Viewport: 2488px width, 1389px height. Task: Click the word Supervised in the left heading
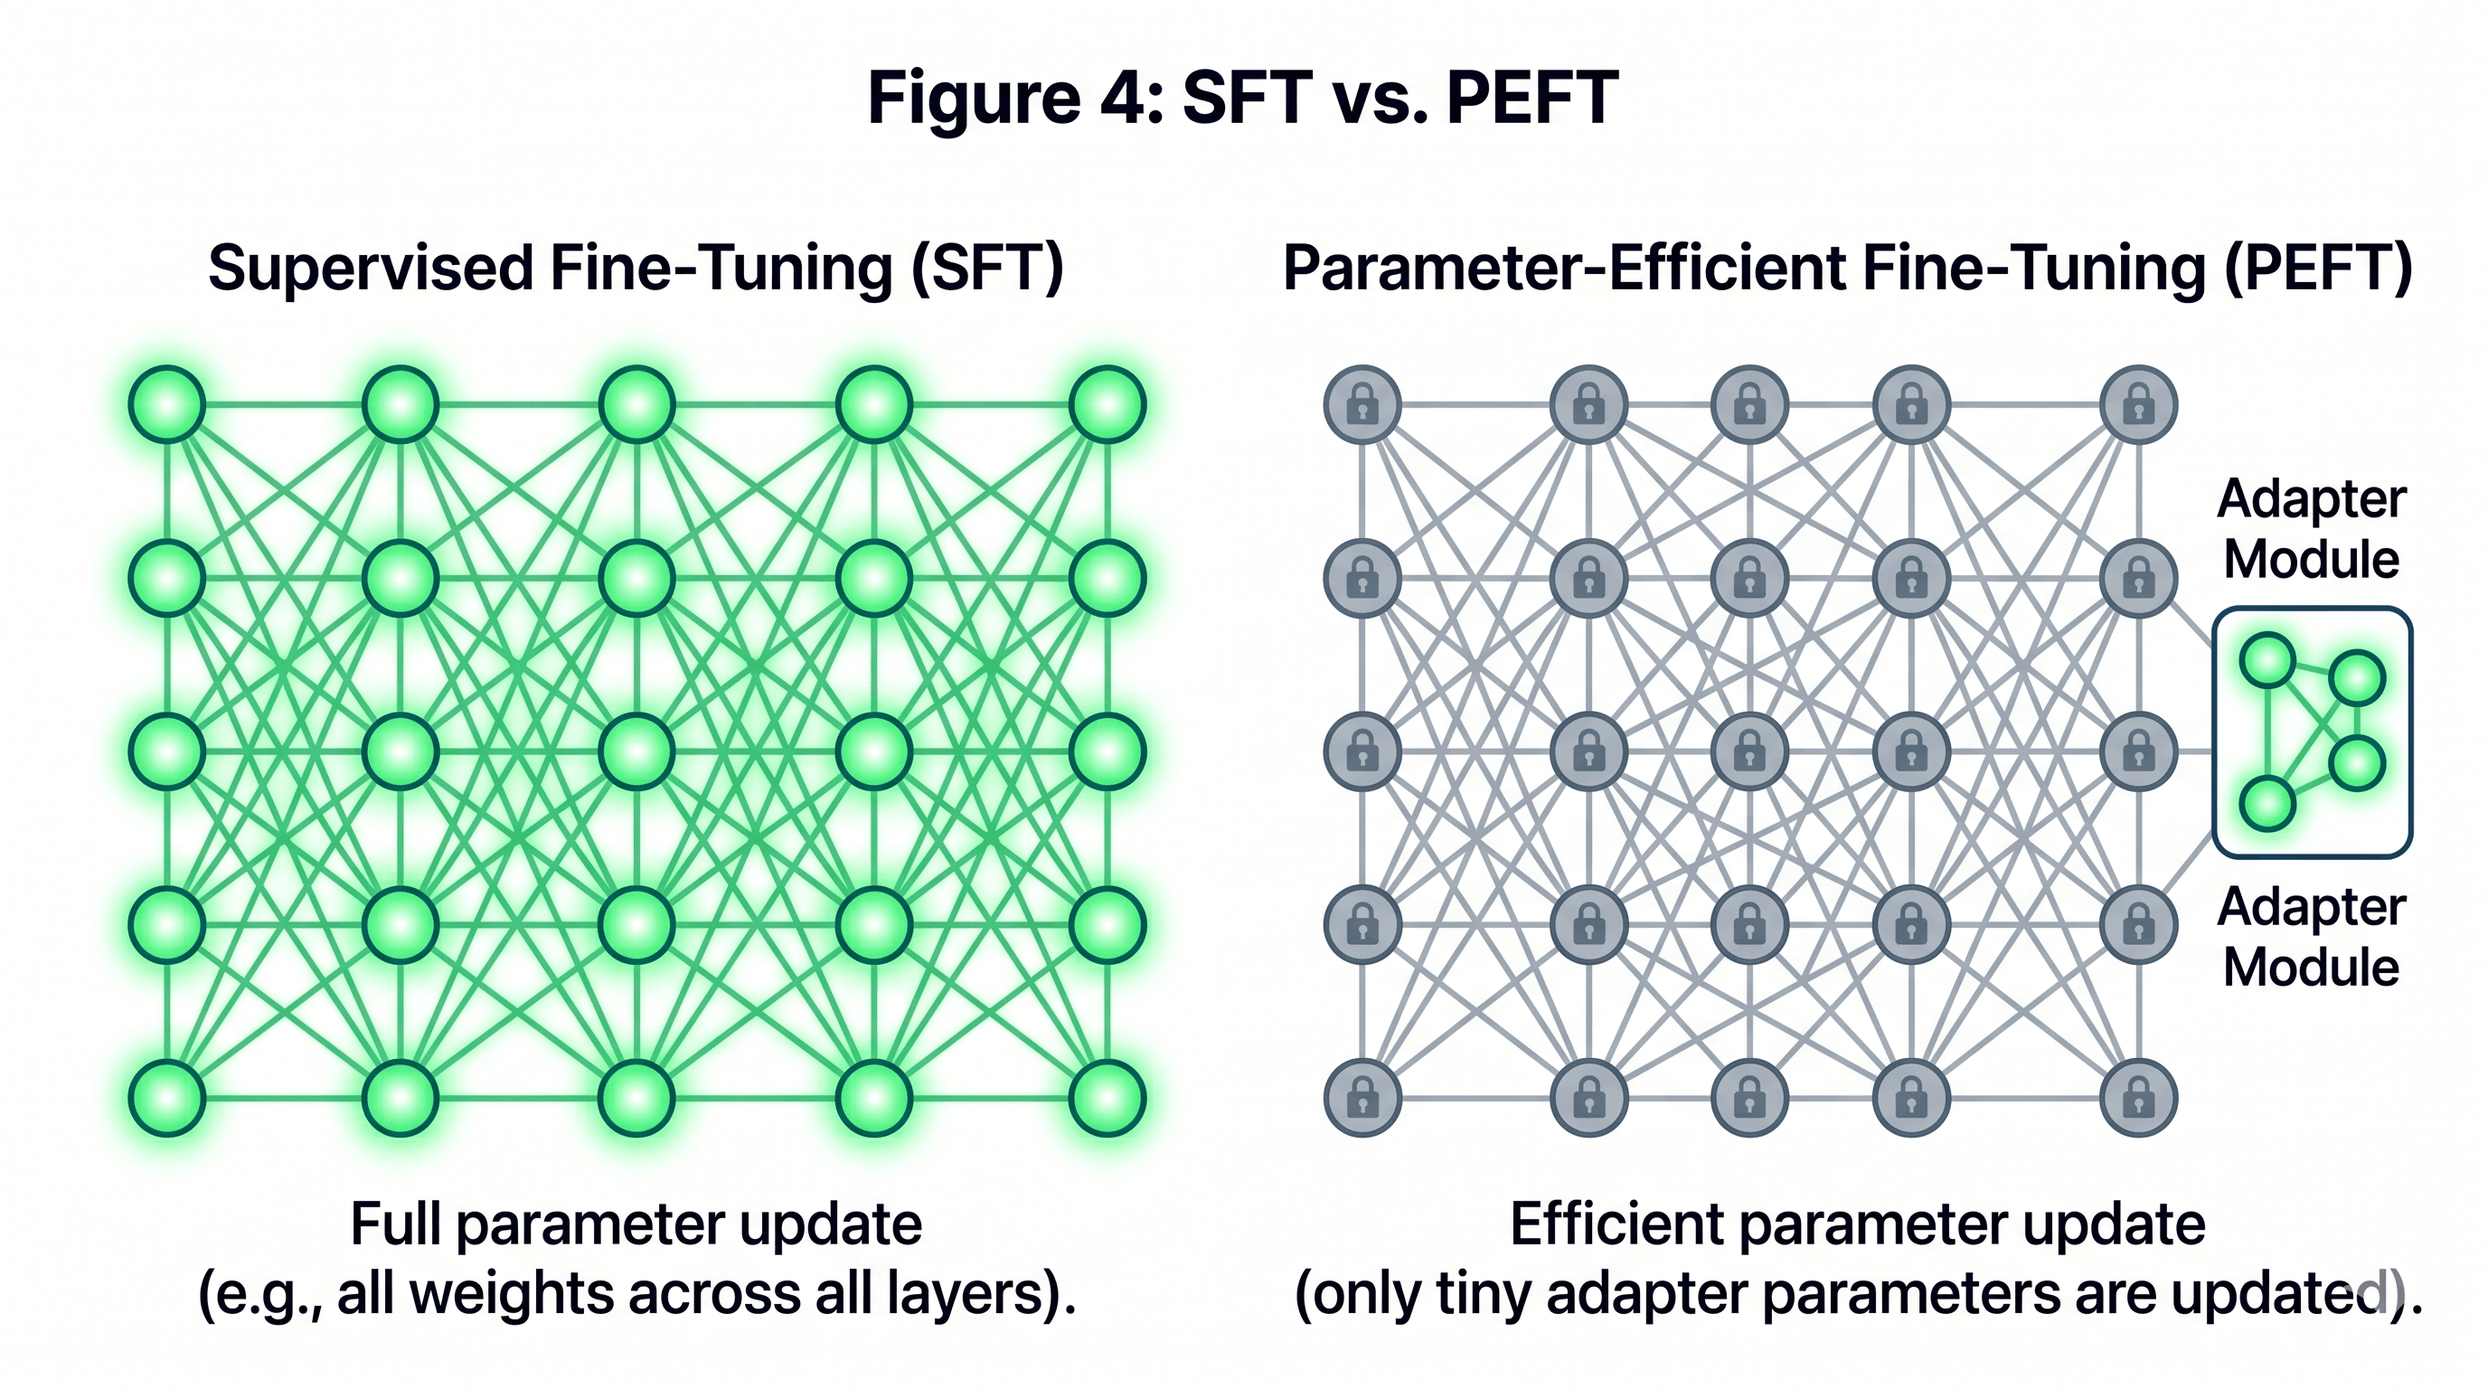click(x=370, y=268)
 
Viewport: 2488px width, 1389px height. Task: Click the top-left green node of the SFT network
click(x=167, y=405)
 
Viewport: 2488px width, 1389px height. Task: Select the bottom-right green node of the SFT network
click(x=1107, y=1098)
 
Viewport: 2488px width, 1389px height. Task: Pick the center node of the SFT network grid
click(x=636, y=751)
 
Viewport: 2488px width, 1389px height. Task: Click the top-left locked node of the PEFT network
click(x=1362, y=405)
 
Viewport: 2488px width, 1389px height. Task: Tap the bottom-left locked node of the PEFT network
click(x=1362, y=1098)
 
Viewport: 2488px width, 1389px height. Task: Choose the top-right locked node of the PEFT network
click(x=2138, y=405)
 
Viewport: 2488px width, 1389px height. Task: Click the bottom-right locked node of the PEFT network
click(x=2138, y=1098)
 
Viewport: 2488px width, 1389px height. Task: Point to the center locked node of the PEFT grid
click(x=1749, y=751)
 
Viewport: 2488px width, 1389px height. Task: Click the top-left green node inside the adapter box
click(x=2267, y=661)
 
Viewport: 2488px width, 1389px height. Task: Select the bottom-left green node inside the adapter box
click(x=2267, y=804)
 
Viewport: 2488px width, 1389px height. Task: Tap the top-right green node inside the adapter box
click(x=2358, y=678)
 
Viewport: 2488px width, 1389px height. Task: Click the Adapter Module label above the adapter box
click(x=2311, y=529)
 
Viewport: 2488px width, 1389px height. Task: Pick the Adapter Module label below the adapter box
click(x=2311, y=937)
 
